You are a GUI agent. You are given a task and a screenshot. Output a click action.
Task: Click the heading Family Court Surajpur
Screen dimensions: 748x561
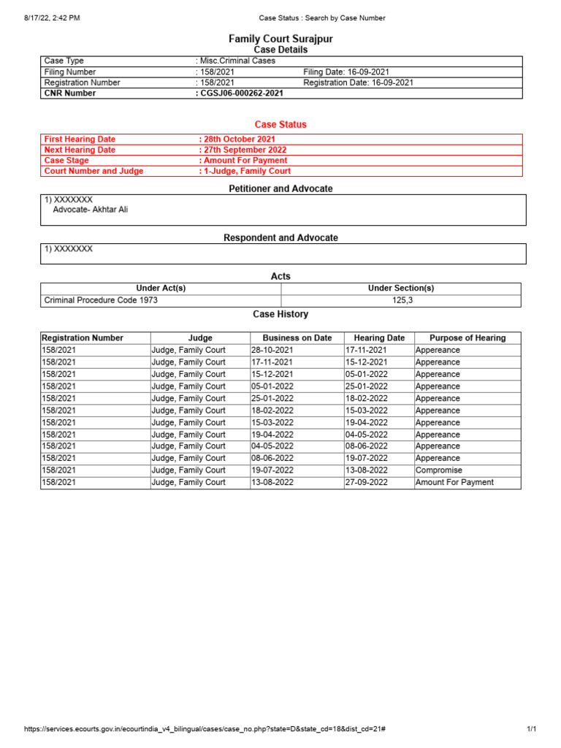click(280, 38)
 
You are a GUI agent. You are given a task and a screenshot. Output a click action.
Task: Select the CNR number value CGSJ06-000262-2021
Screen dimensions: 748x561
click(241, 93)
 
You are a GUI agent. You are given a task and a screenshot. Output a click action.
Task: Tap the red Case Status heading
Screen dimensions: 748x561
click(280, 125)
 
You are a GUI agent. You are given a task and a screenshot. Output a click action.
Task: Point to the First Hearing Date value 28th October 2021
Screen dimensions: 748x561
click(239, 139)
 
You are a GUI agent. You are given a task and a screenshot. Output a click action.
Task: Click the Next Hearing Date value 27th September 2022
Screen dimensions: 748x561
click(244, 150)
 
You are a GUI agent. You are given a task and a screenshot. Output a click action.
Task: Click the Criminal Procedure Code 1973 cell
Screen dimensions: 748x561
click(101, 300)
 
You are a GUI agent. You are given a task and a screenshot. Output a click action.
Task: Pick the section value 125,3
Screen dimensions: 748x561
click(401, 300)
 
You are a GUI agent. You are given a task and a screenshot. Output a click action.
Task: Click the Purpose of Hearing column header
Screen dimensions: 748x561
click(467, 338)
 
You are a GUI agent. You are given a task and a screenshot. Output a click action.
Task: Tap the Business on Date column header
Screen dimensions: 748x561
click(297, 338)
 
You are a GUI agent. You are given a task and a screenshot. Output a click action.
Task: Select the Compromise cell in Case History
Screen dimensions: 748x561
click(438, 470)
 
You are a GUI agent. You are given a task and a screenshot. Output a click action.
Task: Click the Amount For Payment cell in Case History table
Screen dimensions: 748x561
click(454, 482)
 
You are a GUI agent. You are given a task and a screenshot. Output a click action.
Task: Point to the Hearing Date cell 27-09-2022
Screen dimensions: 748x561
click(367, 482)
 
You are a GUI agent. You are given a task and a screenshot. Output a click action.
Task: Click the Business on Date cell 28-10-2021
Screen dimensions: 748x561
click(272, 350)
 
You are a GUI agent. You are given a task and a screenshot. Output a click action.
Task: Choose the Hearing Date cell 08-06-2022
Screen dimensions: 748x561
click(367, 446)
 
